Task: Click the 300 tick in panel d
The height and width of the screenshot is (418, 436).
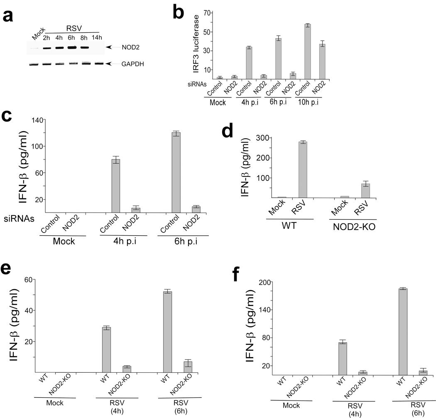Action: (x=263, y=138)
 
